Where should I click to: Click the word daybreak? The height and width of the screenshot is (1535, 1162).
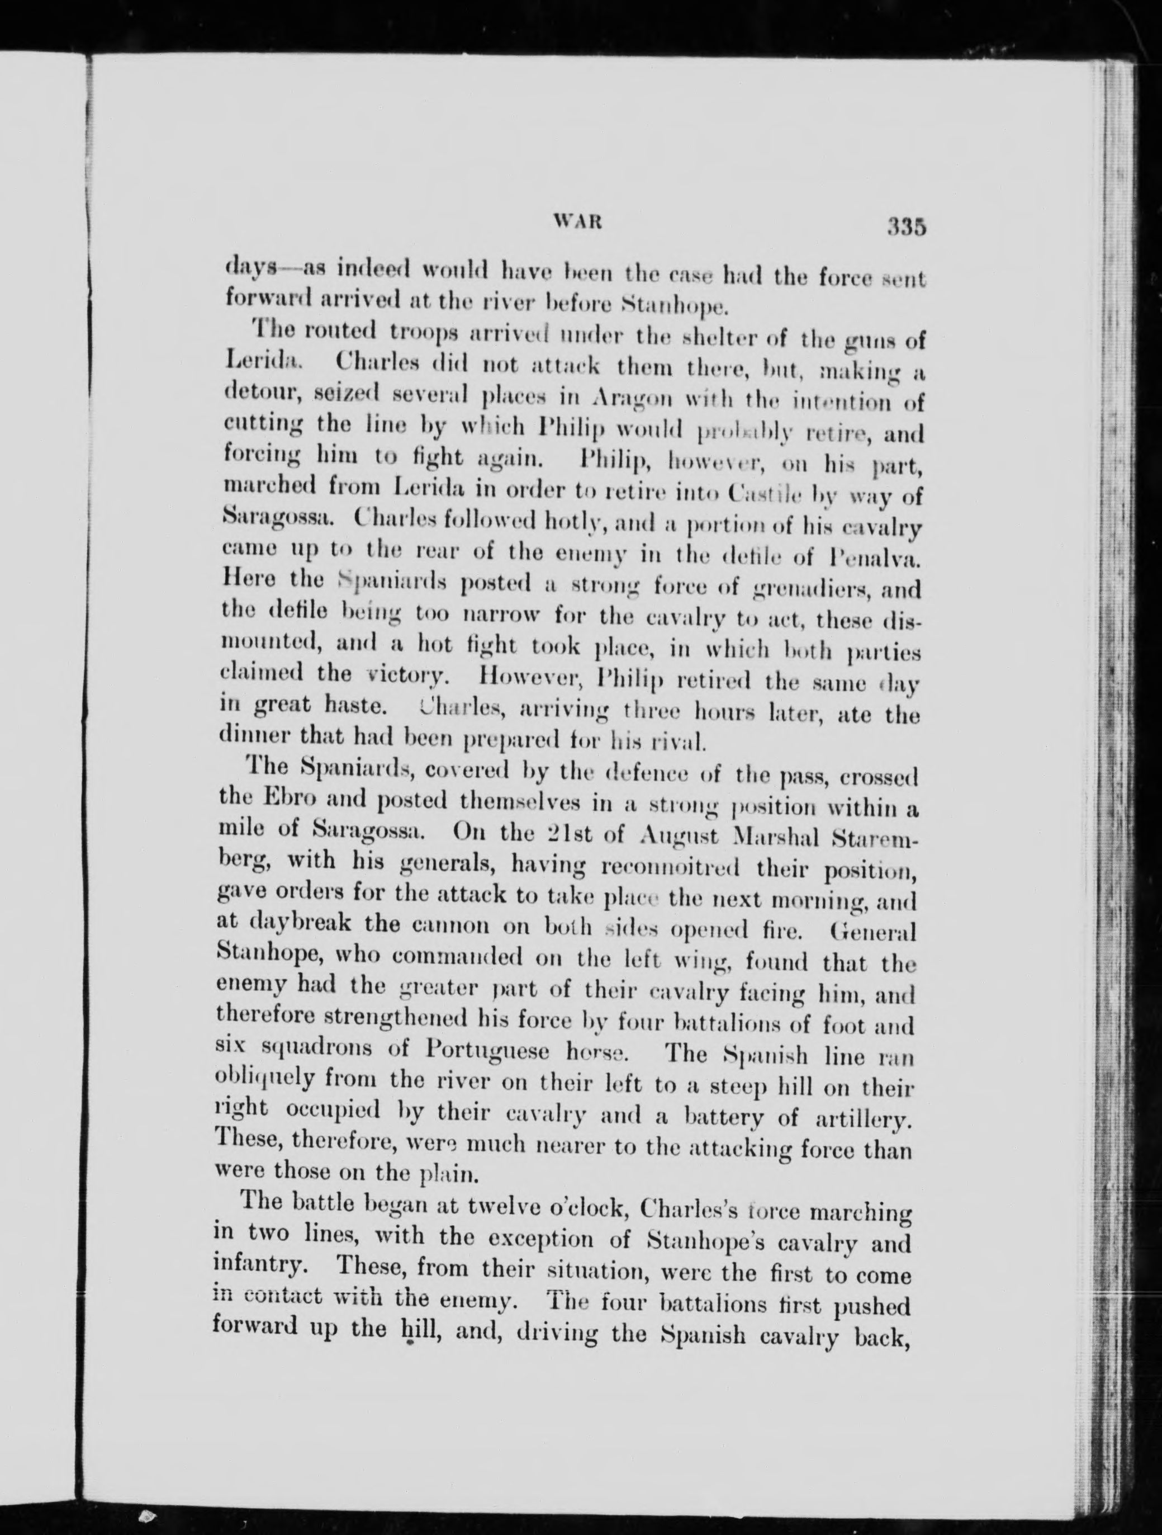(x=309, y=927)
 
